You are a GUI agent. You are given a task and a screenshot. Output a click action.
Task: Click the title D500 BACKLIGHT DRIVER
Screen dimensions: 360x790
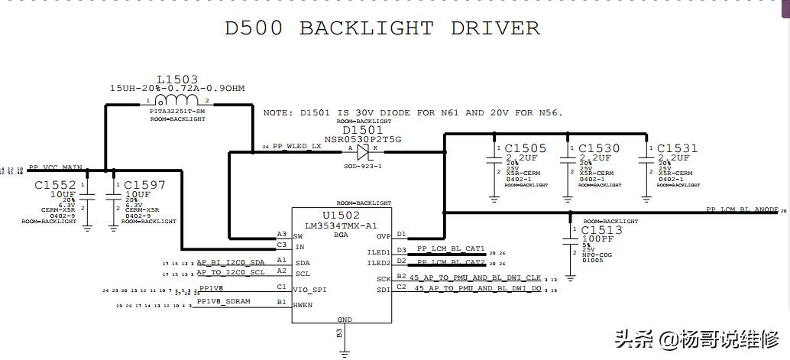click(382, 29)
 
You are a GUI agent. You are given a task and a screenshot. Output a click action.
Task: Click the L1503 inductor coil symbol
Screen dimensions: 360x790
click(176, 100)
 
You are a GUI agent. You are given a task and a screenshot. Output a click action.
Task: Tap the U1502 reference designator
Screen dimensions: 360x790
click(341, 216)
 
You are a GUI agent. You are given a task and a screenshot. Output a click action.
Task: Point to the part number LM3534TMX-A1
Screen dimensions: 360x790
click(341, 226)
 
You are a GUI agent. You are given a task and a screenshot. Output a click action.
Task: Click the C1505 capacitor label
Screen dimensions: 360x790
click(525, 148)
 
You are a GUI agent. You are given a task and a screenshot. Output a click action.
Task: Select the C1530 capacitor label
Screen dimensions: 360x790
click(599, 148)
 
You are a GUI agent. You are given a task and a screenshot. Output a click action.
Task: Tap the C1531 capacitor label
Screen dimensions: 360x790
click(677, 148)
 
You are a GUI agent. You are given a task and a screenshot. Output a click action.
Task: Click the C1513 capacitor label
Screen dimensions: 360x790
click(602, 230)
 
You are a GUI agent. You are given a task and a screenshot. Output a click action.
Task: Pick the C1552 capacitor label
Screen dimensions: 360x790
click(55, 185)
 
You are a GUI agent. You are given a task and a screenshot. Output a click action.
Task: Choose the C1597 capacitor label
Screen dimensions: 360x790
click(144, 185)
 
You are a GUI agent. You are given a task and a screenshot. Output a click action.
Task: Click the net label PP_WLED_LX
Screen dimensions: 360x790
click(297, 146)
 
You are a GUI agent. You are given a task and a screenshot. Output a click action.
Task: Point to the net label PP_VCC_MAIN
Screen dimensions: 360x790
click(55, 167)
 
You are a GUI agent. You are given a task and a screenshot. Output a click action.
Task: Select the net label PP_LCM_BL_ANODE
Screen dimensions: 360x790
click(742, 209)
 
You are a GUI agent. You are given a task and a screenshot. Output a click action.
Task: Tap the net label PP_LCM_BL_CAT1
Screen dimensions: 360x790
click(451, 249)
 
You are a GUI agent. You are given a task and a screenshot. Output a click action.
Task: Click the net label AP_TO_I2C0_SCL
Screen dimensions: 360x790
click(231, 271)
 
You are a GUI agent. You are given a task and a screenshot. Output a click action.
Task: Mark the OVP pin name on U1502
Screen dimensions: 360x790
click(383, 236)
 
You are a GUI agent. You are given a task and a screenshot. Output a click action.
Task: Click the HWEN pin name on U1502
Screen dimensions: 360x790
click(303, 304)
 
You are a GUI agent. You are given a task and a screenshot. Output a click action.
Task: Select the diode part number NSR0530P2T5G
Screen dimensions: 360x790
click(363, 140)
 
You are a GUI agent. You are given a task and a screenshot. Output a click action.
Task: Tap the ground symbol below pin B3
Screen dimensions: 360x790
click(343, 351)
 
